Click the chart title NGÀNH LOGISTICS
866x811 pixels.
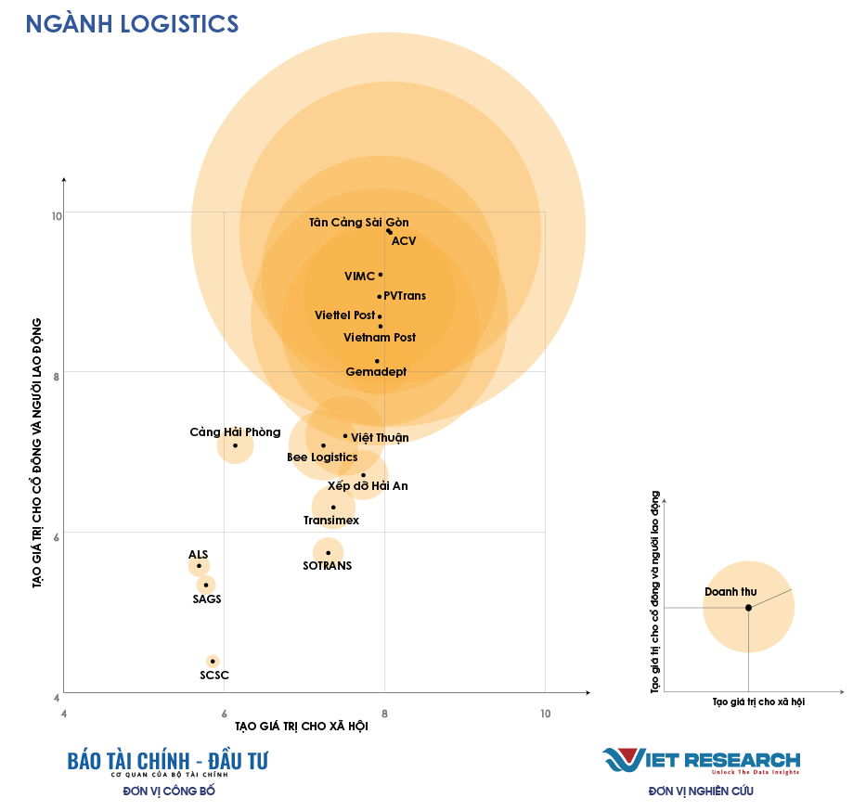click(x=132, y=24)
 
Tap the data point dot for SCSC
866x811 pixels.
click(x=213, y=661)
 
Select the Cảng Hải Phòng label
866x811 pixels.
click(x=235, y=432)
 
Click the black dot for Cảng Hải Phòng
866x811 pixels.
click(x=235, y=445)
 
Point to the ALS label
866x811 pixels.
click(x=199, y=554)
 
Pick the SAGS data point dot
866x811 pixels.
click(x=206, y=585)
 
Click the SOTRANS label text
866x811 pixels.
click(x=328, y=565)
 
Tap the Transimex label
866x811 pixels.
click(x=331, y=521)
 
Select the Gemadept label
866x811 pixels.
click(x=376, y=372)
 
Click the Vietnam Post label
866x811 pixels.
click(x=380, y=338)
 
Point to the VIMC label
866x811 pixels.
click(x=359, y=277)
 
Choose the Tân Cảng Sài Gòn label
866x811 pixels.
click(x=358, y=223)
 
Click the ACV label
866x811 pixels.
click(x=404, y=241)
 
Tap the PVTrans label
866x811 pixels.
click(x=405, y=296)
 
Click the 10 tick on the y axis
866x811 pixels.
click(x=57, y=216)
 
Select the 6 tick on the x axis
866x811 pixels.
click(x=224, y=713)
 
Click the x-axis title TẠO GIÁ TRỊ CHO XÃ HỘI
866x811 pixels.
click(x=302, y=727)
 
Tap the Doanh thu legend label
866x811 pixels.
click(x=730, y=591)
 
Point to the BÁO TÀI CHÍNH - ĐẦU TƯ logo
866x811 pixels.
click(x=168, y=761)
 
